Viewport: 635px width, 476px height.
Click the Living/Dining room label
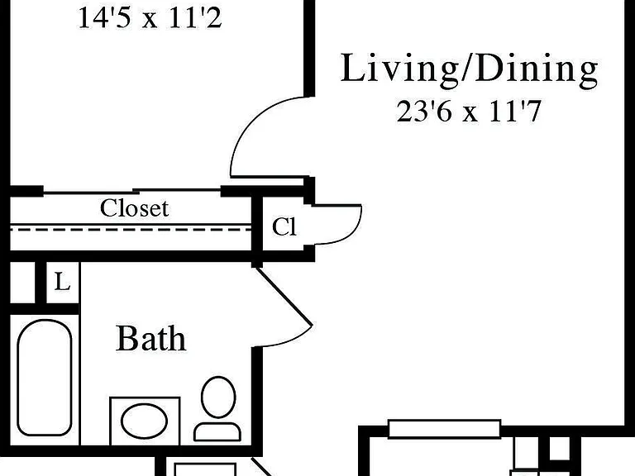coord(469,69)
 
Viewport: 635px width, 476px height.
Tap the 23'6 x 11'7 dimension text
coord(469,112)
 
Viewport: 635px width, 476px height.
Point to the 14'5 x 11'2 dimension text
coord(150,18)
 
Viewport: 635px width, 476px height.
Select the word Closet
coord(134,208)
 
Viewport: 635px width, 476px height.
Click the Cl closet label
coord(284,226)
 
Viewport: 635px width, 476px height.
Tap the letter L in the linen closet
coord(62,282)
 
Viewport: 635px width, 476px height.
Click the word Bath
coord(151,338)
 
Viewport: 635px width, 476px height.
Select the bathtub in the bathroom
coord(45,378)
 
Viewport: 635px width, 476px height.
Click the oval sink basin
coord(144,421)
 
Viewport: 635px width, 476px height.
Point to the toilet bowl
coord(218,397)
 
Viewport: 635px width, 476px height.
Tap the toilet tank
coord(217,432)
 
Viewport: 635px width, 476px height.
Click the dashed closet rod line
coord(131,230)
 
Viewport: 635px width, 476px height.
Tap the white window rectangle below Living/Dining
coord(444,429)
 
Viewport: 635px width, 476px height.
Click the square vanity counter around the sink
coord(145,421)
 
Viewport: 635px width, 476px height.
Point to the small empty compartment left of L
coord(22,282)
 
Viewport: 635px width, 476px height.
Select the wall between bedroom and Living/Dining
coord(309,49)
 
